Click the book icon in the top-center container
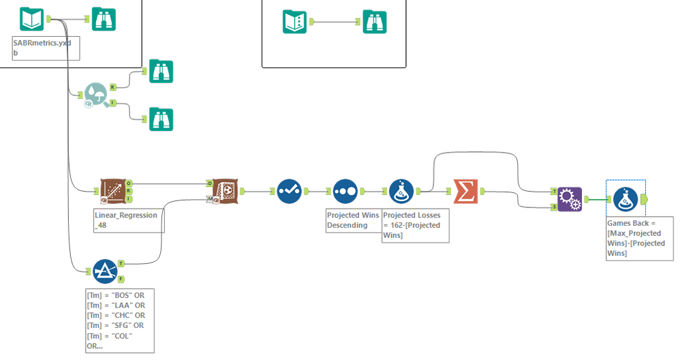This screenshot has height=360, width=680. coord(295,22)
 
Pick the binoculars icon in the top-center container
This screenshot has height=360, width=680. coord(375,22)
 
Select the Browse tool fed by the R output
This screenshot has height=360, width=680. coord(161,71)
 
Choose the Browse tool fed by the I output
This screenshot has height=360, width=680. coord(161,119)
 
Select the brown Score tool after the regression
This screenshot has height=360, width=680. coord(223,192)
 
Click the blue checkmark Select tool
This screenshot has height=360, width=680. coord(290,192)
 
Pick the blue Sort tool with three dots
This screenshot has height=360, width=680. coord(345,192)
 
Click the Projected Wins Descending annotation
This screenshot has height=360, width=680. coord(353,220)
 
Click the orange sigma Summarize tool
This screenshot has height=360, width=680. coord(466,192)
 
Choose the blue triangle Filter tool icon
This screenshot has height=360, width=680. coord(104,271)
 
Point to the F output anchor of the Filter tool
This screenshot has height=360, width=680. coord(121,278)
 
